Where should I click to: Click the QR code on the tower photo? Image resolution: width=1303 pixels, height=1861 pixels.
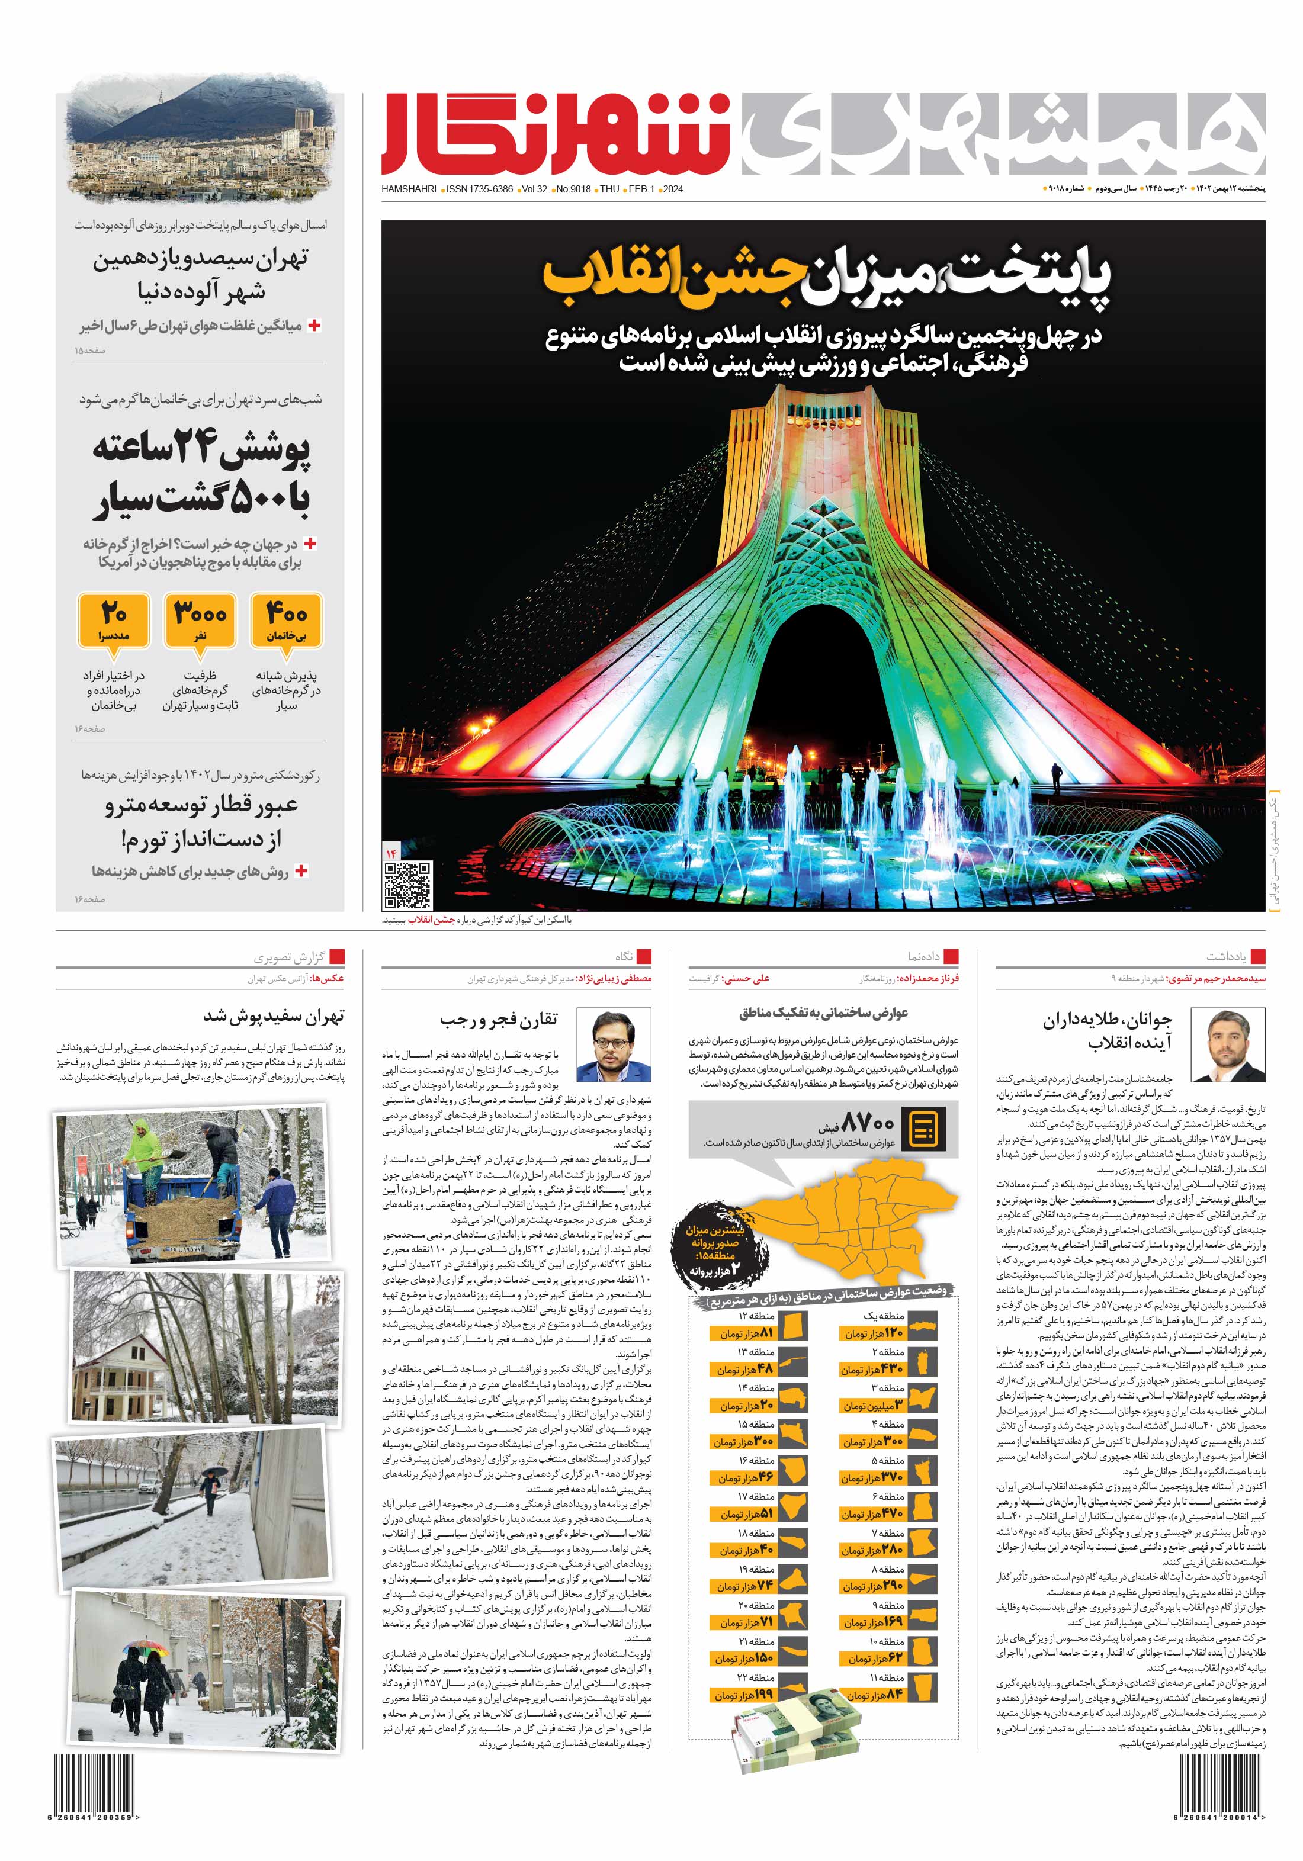(407, 885)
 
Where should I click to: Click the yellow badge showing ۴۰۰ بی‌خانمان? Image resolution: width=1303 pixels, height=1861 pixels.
(286, 620)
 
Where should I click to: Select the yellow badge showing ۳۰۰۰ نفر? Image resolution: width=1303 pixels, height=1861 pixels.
(200, 620)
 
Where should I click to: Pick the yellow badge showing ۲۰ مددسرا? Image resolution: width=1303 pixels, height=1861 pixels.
(114, 620)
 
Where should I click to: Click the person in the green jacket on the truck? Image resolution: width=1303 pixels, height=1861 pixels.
(143, 1145)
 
